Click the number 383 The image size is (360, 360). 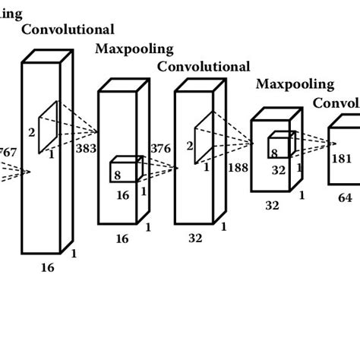pyautogui.click(x=86, y=148)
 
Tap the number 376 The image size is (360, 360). pyautogui.click(x=160, y=148)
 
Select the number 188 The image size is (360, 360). pyautogui.click(x=238, y=167)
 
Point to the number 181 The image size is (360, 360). pyautogui.click(x=342, y=159)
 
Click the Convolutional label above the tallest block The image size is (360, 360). pyautogui.click(x=68, y=30)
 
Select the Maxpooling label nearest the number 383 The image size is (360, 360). pyautogui.click(x=134, y=49)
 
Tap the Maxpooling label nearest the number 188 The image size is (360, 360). pyautogui.click(x=295, y=84)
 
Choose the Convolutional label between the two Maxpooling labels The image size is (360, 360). pyautogui.click(x=204, y=67)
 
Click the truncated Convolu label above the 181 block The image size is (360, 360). pyautogui.click(x=336, y=103)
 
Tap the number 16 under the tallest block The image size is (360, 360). pyautogui.click(x=47, y=267)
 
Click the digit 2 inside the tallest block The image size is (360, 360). pyautogui.click(x=31, y=132)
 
